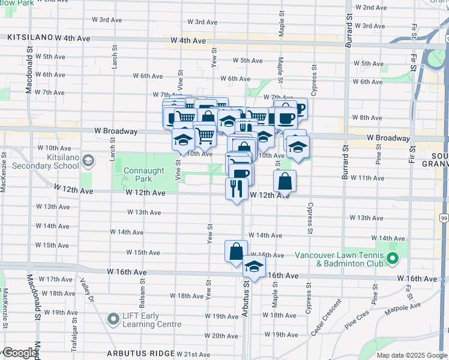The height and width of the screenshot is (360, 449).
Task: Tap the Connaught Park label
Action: [x=143, y=175]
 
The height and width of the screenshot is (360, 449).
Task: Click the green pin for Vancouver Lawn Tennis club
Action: [x=393, y=259]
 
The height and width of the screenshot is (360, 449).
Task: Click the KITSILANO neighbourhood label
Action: [x=30, y=37]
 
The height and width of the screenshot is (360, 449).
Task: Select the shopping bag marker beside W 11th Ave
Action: [x=285, y=180]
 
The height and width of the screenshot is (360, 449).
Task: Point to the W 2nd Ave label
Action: [x=370, y=7]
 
